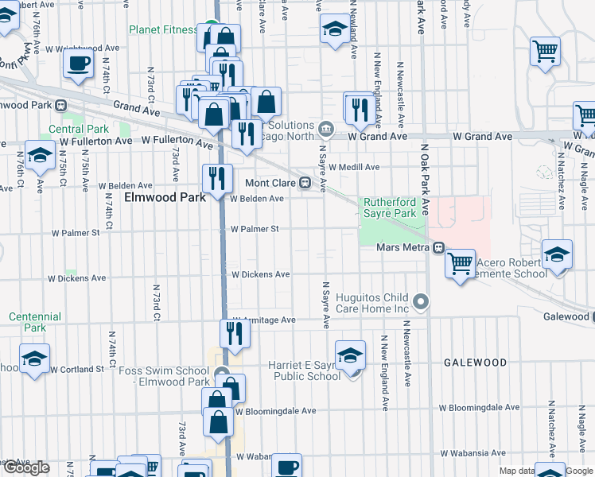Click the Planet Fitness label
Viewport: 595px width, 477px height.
[163, 30]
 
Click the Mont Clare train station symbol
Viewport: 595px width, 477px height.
[305, 183]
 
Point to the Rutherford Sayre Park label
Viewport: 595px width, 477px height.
[390, 208]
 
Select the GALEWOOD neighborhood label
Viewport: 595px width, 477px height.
[475, 363]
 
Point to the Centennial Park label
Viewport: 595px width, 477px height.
[35, 322]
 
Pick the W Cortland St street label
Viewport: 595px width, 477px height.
[77, 369]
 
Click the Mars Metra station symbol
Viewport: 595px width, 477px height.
[438, 248]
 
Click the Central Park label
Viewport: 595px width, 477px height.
[78, 129]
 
